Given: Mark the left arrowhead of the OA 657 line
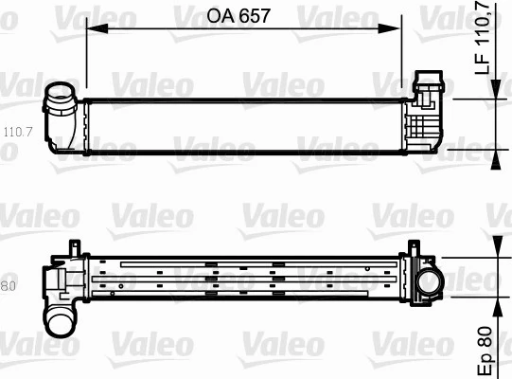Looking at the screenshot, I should click(93, 28).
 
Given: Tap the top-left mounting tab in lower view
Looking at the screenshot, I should click(74, 247).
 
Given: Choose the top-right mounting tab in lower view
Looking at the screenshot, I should click(410, 248).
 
